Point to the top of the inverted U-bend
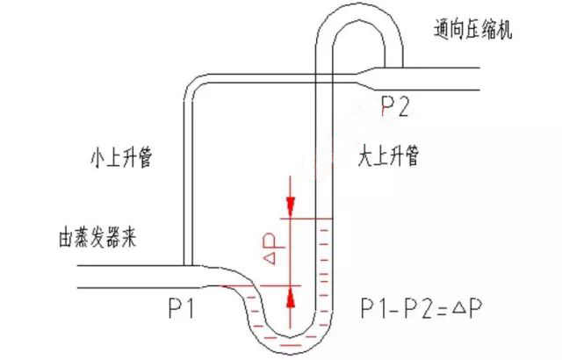tap(357, 11)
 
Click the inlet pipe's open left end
tap(79, 277)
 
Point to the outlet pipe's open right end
tap(479, 78)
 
